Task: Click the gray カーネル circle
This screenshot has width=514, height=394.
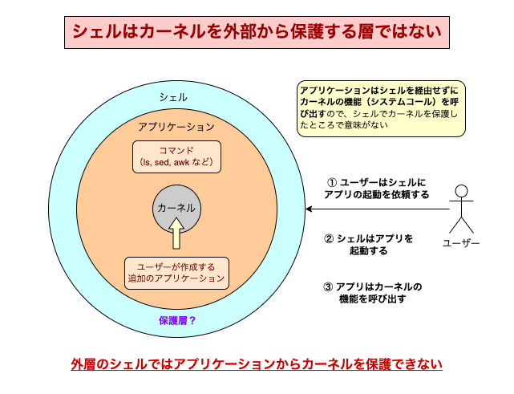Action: (176, 209)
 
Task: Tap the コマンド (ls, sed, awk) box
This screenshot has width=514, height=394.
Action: (176, 156)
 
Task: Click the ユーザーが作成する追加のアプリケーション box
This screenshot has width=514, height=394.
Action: (176, 273)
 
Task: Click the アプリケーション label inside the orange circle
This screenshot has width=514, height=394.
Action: (176, 128)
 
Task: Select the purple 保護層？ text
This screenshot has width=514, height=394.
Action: (177, 320)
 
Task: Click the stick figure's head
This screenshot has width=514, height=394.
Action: (460, 191)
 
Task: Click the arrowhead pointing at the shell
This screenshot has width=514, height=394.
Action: (310, 209)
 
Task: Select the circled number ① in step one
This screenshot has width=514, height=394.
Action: (331, 183)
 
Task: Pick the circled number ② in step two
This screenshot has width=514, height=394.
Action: (329, 239)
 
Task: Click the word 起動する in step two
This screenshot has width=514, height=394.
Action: (369, 251)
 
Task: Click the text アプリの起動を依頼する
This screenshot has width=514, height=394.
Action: (376, 195)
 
